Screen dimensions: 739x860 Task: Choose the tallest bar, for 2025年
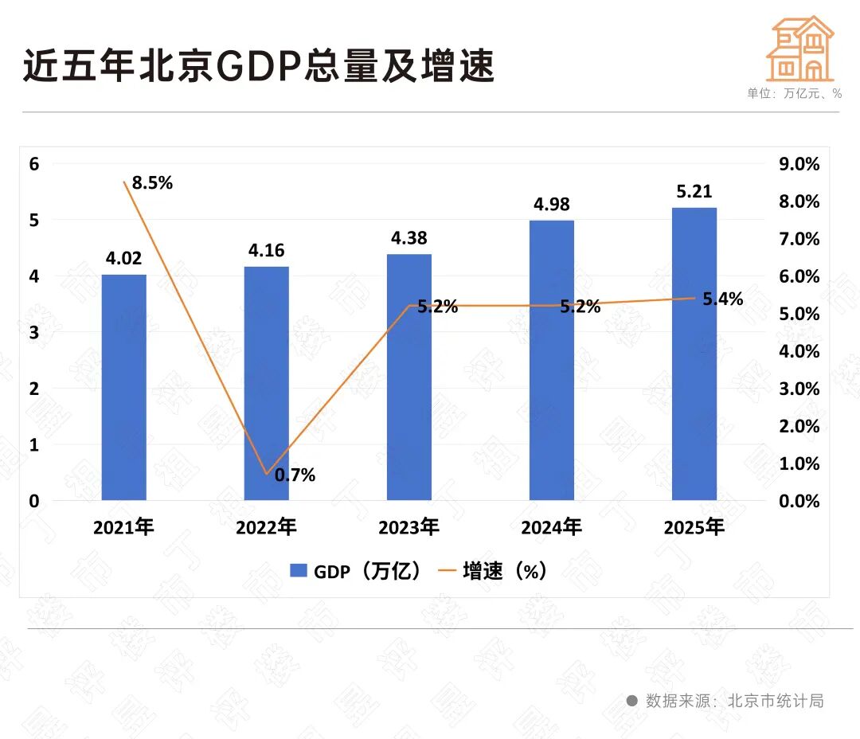click(694, 354)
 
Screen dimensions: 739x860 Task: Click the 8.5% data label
click(152, 182)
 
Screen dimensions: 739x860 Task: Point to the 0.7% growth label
click(295, 475)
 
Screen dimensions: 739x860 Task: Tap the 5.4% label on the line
click(722, 299)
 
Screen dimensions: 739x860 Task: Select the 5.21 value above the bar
click(694, 191)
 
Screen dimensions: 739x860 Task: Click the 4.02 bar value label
click(123, 258)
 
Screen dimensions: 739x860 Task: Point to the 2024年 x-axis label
click(551, 527)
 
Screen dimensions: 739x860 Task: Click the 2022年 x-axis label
click(266, 527)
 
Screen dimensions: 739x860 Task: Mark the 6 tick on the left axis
click(34, 164)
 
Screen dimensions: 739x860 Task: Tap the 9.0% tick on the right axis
click(798, 164)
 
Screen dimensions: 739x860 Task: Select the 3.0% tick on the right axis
click(798, 389)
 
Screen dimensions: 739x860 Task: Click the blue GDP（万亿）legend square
click(299, 570)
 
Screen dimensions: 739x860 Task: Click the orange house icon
click(799, 49)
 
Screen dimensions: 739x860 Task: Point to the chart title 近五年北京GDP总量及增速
click(259, 65)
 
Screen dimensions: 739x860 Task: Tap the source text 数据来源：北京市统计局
click(733, 701)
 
